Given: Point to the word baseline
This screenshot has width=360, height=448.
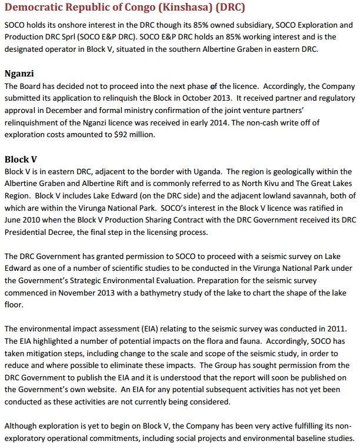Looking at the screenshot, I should pyautogui.click(x=308, y=439).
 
